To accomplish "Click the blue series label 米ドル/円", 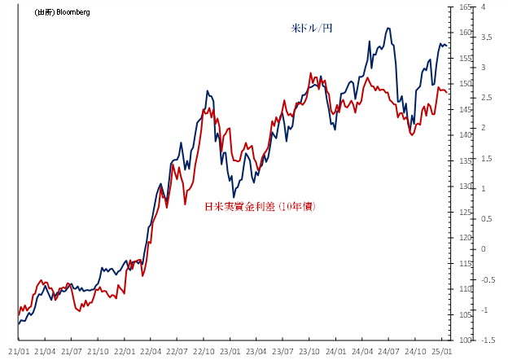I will (312, 28).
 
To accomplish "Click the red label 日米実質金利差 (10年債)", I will (260, 207).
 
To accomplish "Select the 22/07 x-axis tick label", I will (177, 351).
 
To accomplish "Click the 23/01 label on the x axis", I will (230, 351).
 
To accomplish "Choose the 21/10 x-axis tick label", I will (98, 351).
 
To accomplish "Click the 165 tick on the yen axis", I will (466, 7).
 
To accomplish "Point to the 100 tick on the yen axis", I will (466, 340).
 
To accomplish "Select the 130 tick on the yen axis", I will (466, 187).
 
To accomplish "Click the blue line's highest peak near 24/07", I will (388, 28).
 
